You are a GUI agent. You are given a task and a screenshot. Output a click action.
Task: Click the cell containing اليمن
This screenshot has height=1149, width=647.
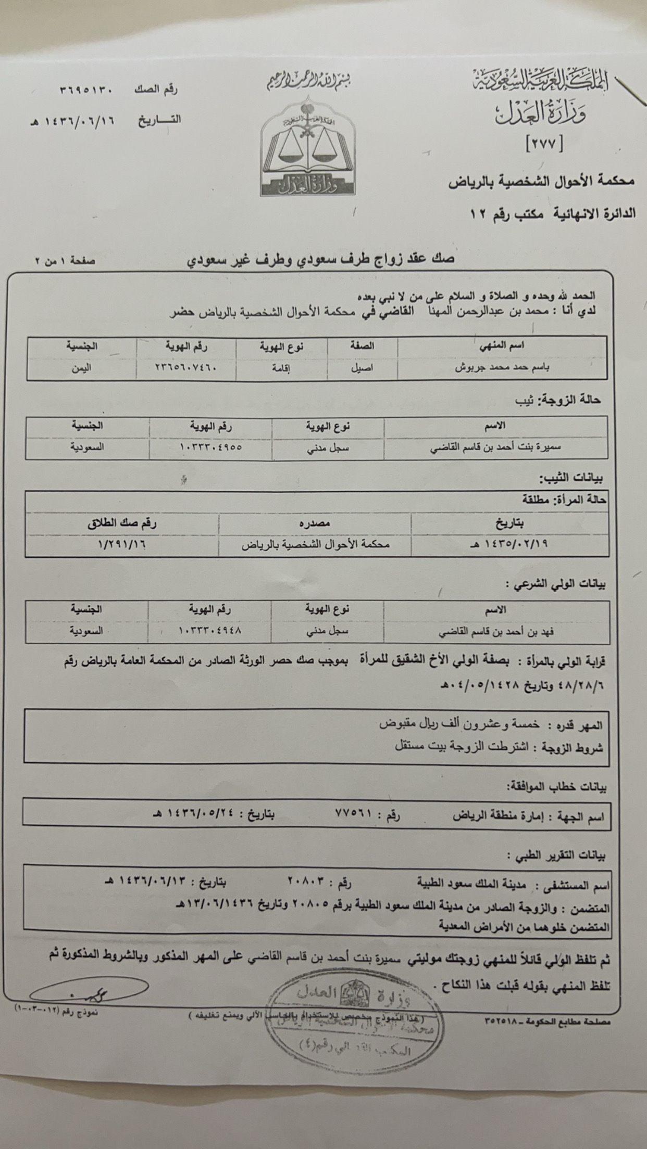point(82,367)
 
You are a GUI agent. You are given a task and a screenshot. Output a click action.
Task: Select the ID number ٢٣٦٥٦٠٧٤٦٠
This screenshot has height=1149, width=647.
point(185,367)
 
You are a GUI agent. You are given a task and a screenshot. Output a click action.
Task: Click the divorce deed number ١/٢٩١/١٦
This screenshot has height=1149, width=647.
point(122,544)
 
